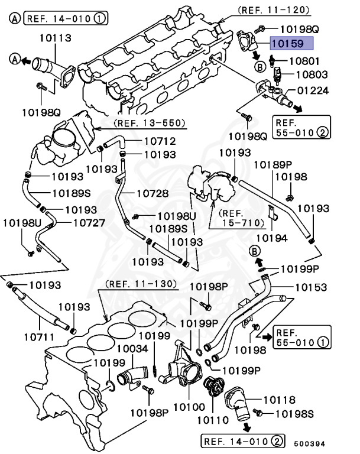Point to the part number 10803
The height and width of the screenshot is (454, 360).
pyautogui.click(x=312, y=75)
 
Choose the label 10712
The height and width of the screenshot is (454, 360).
pyautogui.click(x=144, y=142)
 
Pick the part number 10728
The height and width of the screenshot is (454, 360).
pyautogui.click(x=153, y=193)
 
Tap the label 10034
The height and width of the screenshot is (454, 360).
pyautogui.click(x=132, y=349)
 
